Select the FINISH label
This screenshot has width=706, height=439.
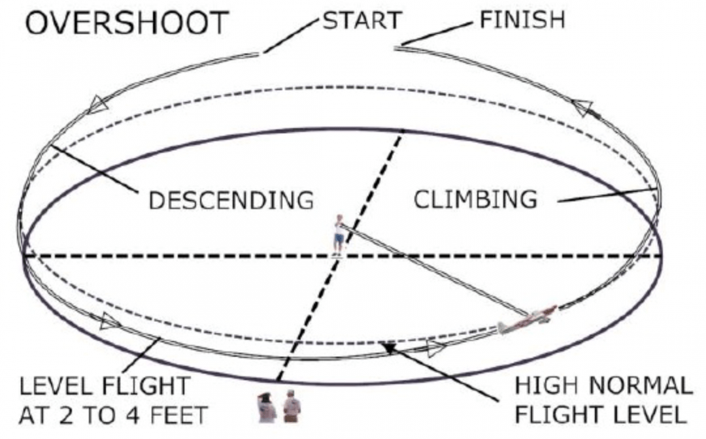point(522,20)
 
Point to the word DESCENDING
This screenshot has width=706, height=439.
point(231,200)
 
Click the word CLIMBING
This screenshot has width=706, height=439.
point(475,199)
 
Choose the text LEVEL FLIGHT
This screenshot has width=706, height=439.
point(104,386)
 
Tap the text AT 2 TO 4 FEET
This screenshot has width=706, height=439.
point(113,414)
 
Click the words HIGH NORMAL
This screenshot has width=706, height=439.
point(603,385)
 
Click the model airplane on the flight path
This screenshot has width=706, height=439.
point(526,319)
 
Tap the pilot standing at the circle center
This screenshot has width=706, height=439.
point(339,233)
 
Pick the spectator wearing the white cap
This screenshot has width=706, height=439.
point(292,406)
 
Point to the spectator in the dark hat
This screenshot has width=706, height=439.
point(267,408)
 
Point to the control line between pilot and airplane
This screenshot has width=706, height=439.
point(431,268)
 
